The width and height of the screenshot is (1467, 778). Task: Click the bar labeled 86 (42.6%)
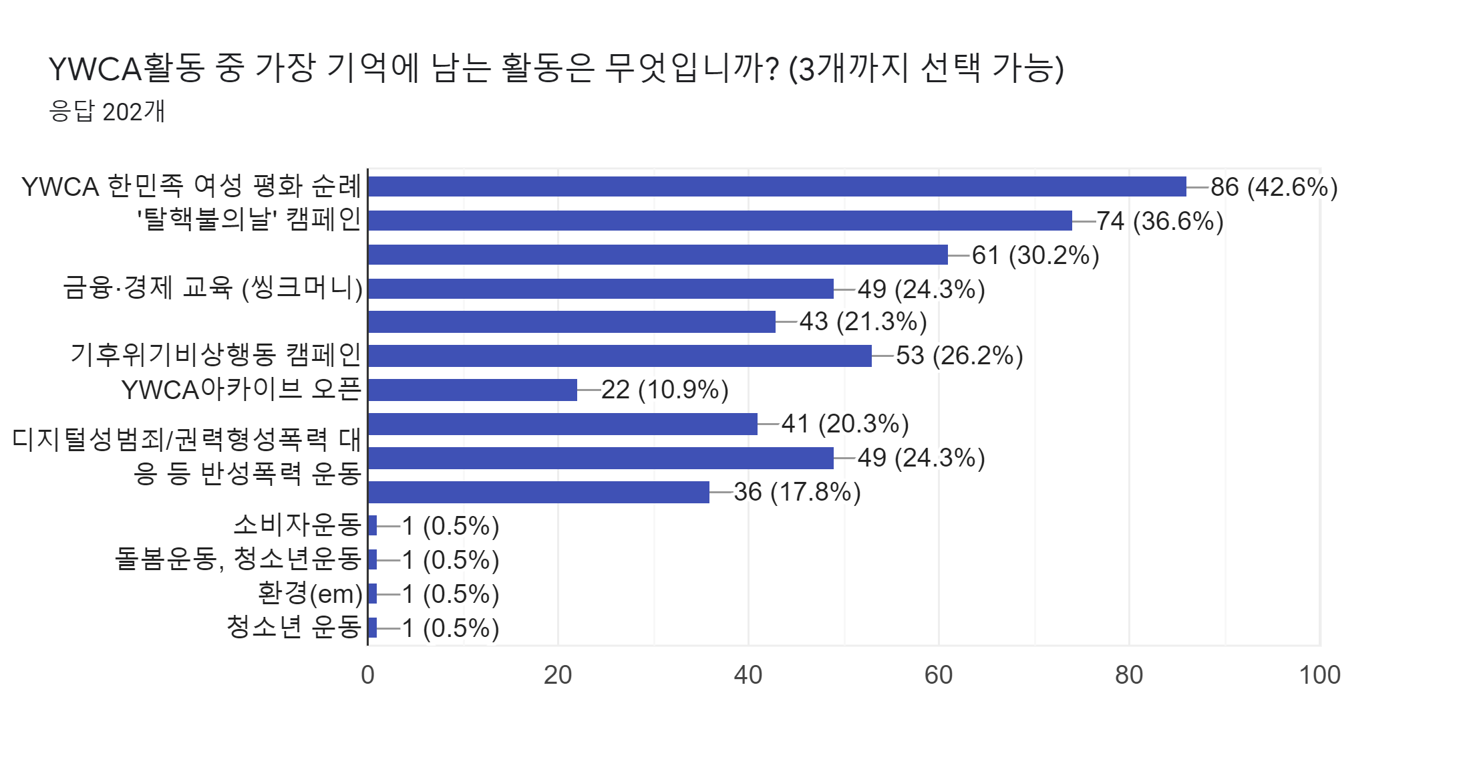(777, 186)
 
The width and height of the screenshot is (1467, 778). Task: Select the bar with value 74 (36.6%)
(720, 221)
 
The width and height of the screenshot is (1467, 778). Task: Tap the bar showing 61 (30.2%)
(658, 255)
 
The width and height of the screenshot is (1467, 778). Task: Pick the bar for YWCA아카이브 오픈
(472, 390)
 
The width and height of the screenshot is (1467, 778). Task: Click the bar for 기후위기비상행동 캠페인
(620, 356)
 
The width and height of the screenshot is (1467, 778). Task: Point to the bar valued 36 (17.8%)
(538, 492)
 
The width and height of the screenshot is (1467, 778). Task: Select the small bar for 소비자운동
(372, 526)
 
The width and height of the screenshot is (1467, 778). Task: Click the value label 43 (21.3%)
(863, 321)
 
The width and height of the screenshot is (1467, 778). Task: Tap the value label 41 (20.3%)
(845, 424)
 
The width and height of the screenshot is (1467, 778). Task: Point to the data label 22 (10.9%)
(665, 390)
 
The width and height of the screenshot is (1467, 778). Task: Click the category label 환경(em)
(310, 593)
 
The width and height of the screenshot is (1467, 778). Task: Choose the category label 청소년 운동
(294, 627)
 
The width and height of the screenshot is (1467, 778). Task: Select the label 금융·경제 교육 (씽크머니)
(213, 287)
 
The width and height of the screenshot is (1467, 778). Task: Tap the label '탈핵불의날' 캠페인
(249, 219)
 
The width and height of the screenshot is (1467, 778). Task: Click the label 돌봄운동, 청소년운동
(238, 559)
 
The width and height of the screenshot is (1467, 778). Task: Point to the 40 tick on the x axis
(748, 675)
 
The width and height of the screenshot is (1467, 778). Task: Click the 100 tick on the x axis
(1319, 675)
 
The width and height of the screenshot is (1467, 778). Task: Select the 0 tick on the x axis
(367, 675)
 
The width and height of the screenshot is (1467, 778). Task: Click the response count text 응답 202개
(107, 112)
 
